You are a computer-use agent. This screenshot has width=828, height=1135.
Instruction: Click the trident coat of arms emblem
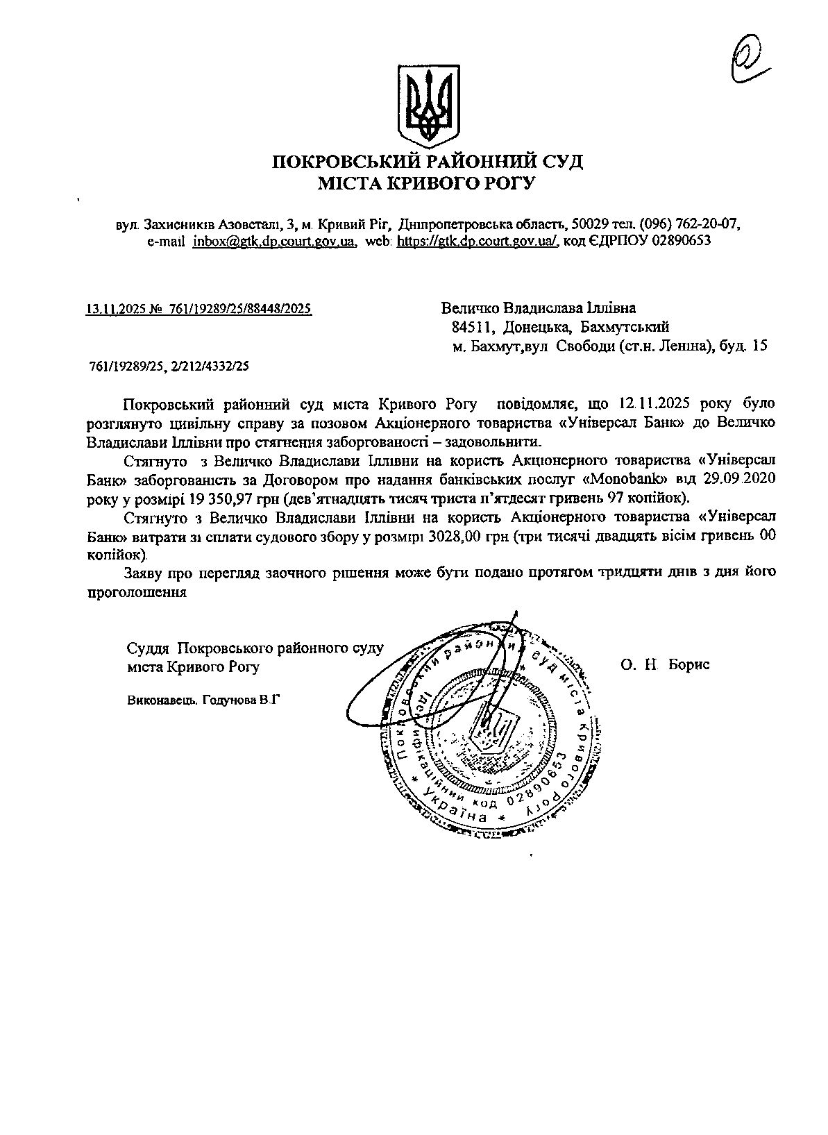click(x=428, y=106)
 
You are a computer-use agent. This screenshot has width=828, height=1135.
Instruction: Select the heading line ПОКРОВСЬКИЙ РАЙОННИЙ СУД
click(x=427, y=162)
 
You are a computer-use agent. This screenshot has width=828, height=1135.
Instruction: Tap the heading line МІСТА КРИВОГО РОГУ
click(x=427, y=183)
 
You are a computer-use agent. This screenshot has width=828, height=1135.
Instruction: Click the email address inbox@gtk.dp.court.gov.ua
click(x=275, y=241)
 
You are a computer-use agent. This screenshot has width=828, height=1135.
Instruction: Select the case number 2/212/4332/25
click(x=210, y=366)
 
